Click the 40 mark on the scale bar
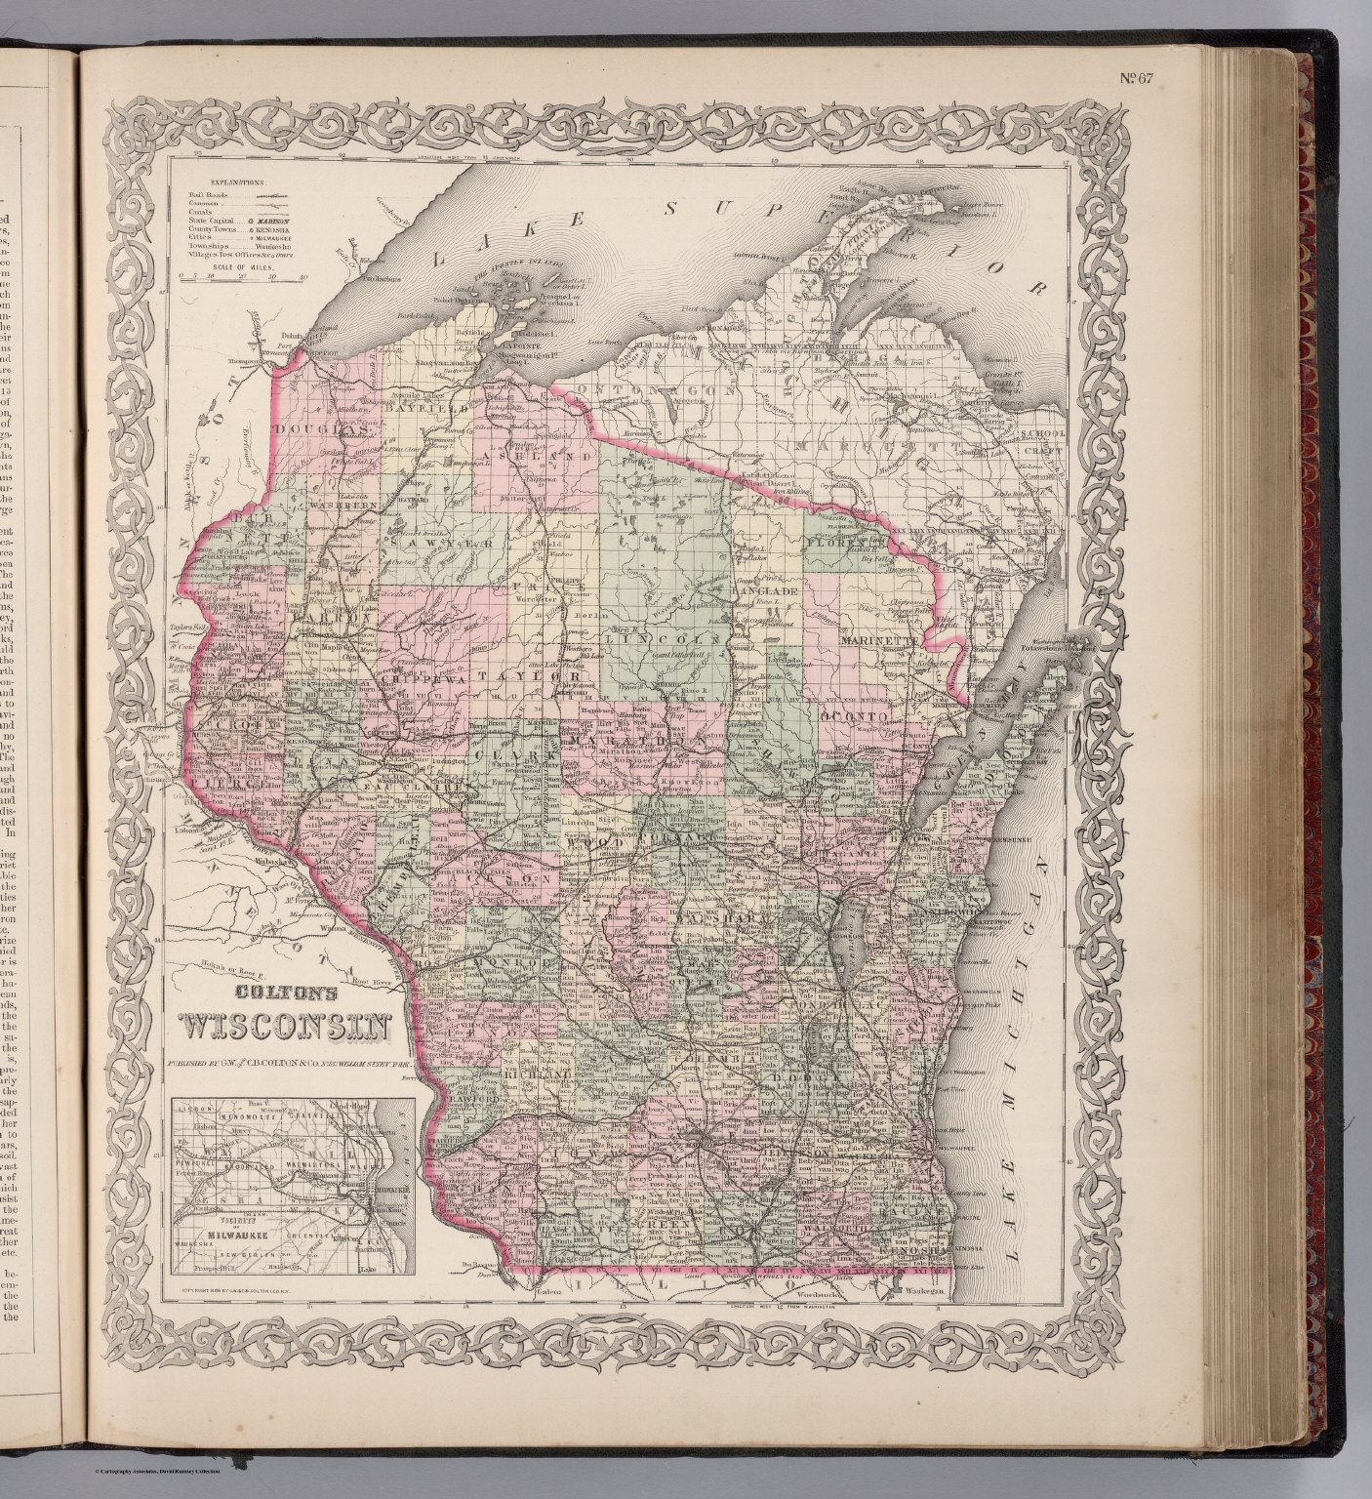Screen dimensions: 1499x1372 pos(304,278)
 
